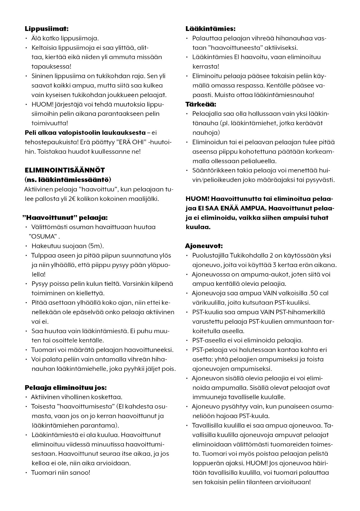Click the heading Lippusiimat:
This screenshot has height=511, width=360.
coord(47,29)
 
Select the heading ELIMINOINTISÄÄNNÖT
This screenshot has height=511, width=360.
coord(65,170)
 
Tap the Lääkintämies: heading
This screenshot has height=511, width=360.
coord(211,29)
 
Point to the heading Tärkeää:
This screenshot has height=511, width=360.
coord(201,104)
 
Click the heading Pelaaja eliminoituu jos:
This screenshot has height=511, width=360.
coord(65,388)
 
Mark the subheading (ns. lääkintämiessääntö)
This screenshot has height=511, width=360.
coord(68,179)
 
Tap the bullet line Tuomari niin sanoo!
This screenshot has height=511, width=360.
coord(61,472)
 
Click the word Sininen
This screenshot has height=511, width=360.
coord(42,76)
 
